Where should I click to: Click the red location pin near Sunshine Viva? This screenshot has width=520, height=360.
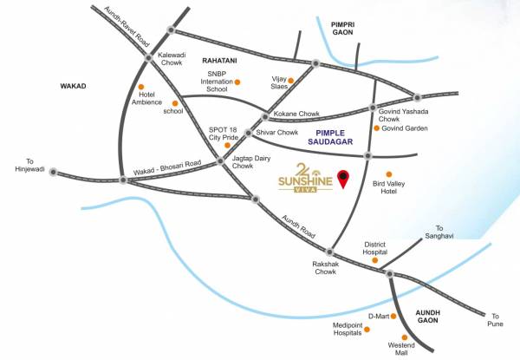pos(344,178)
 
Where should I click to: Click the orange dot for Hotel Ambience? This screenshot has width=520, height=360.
pos(140,88)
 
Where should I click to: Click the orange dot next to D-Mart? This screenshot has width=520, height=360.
pos(391,316)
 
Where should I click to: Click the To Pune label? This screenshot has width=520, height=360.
pos(494,318)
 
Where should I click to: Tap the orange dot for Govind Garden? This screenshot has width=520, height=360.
pos(375,128)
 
